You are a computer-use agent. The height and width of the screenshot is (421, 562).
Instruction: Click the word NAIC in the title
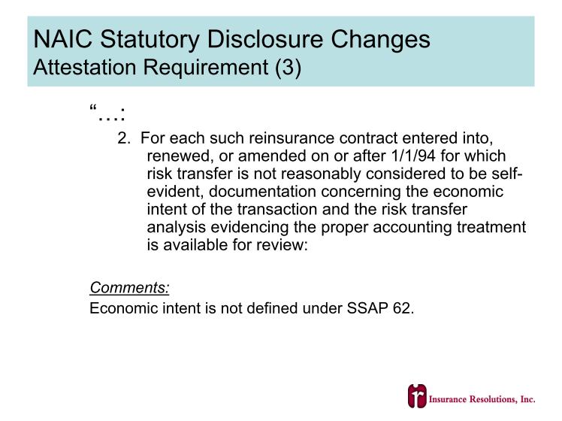tap(62, 39)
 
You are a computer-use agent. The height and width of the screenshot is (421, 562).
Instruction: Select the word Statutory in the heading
tap(150, 39)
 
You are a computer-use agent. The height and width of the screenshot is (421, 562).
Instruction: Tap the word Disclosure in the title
tap(265, 39)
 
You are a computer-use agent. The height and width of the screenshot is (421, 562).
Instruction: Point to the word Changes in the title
tap(380, 39)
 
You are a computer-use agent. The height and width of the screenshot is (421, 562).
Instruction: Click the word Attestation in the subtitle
tap(85, 67)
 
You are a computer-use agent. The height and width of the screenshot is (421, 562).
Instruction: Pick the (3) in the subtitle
tap(289, 68)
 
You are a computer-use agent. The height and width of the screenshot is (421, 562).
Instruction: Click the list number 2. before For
tap(124, 138)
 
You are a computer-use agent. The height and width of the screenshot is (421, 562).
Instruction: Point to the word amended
tap(273, 156)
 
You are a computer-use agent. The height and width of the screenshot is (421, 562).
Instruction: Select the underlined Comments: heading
tap(129, 288)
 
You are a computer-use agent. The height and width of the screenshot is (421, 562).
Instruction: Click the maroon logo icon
tap(417, 396)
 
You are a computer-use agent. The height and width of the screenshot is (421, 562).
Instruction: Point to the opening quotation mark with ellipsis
tap(107, 112)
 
